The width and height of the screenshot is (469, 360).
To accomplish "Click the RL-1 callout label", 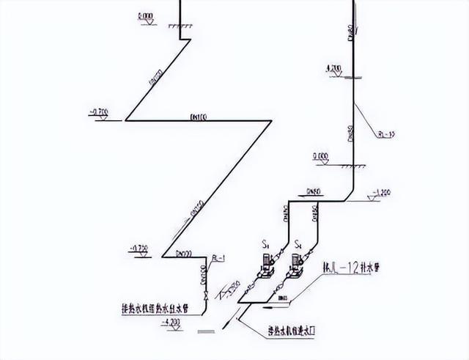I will tap(217, 257).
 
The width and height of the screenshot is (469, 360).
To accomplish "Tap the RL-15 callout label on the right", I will tap(387, 134).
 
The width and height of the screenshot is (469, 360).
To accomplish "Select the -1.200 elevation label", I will tap(382, 193).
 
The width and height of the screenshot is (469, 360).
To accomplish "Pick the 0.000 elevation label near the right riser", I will tap(320, 155).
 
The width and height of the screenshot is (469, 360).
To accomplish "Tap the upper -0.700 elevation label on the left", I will tap(98, 111).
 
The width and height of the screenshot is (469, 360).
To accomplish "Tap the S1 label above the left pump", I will tap(266, 243).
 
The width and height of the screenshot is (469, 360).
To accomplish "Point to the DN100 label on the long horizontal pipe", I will tap(199, 116).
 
